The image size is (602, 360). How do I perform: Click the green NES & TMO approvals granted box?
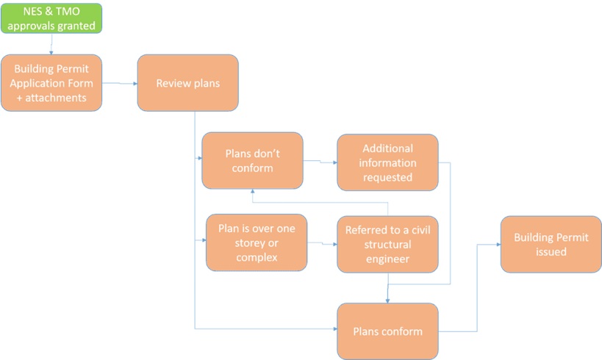coord(51,18)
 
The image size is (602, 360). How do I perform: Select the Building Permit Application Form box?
coord(51,82)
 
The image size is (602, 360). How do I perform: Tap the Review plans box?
coord(187,82)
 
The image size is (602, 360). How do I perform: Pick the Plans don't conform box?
coord(252,159)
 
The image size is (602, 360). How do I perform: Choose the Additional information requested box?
coord(387,162)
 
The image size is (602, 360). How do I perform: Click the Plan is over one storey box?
coord(256,242)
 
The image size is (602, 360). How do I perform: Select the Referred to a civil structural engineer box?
coord(387,244)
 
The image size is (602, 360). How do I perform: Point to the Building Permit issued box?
coord(551,244)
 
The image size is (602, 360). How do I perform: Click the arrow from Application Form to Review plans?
coord(119,84)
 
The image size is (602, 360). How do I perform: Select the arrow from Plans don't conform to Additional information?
coord(320,160)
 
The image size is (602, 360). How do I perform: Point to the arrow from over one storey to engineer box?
coord(322,243)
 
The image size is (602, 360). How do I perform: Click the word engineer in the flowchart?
coord(387,259)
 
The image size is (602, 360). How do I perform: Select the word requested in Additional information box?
coord(387,177)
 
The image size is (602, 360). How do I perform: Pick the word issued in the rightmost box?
coord(551,251)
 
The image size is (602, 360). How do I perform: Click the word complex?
coord(256,256)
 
